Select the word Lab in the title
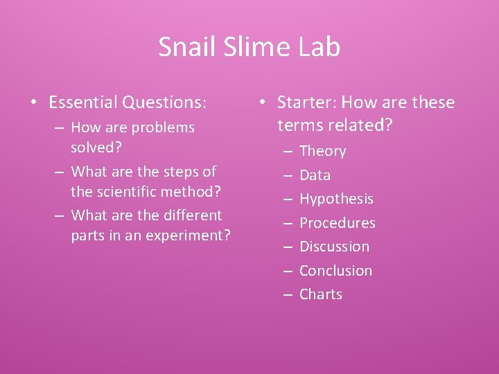319,47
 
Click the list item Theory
322,151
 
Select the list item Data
315,175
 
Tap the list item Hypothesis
336,199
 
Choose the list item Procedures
337,223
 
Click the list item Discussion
334,247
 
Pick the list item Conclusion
335,271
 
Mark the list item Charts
321,294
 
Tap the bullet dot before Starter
261,103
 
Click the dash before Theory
286,151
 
